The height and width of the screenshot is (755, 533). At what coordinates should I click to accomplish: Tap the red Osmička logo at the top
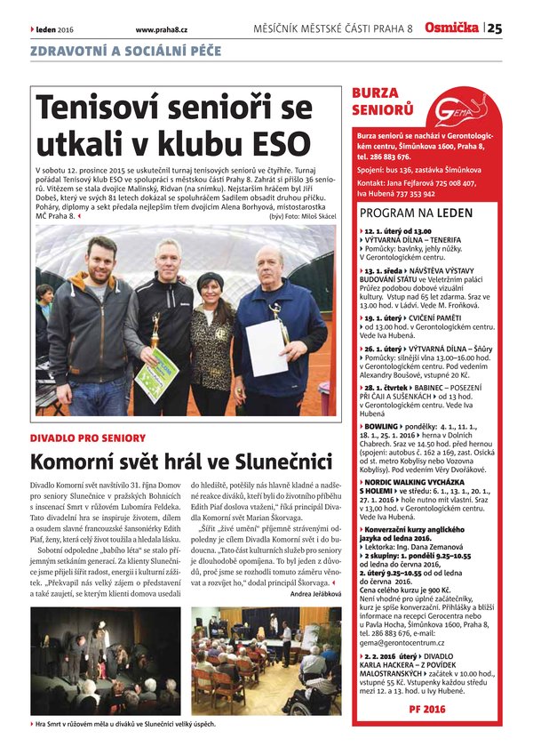452,28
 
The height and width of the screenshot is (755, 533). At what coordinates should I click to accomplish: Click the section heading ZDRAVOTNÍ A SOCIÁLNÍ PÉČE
125,52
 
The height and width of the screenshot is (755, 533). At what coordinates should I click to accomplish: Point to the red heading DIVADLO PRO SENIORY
87,438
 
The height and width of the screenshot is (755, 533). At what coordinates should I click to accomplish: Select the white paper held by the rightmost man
266,347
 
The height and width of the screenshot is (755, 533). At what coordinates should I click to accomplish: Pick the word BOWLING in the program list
383,427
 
